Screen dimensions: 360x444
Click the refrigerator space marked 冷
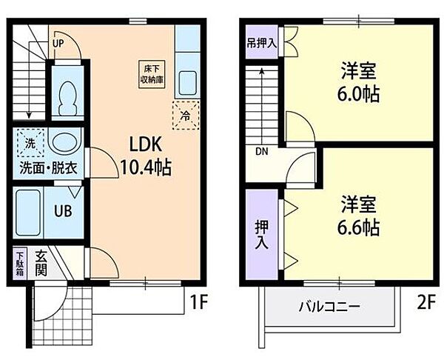point(184,114)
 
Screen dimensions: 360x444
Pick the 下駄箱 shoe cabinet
point(19,264)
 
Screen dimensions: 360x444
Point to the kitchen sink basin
point(188,82)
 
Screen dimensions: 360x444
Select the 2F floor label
point(423,302)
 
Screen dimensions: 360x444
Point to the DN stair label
point(261,153)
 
